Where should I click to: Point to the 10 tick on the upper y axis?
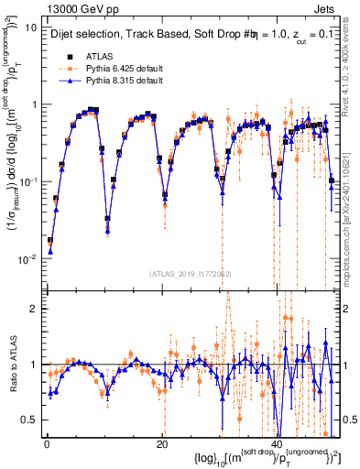coord(30,27)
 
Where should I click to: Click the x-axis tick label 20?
coord(161,444)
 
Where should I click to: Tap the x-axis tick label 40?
coord(277,444)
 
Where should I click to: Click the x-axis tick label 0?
coord(46,444)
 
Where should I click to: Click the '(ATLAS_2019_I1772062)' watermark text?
coord(191,273)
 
